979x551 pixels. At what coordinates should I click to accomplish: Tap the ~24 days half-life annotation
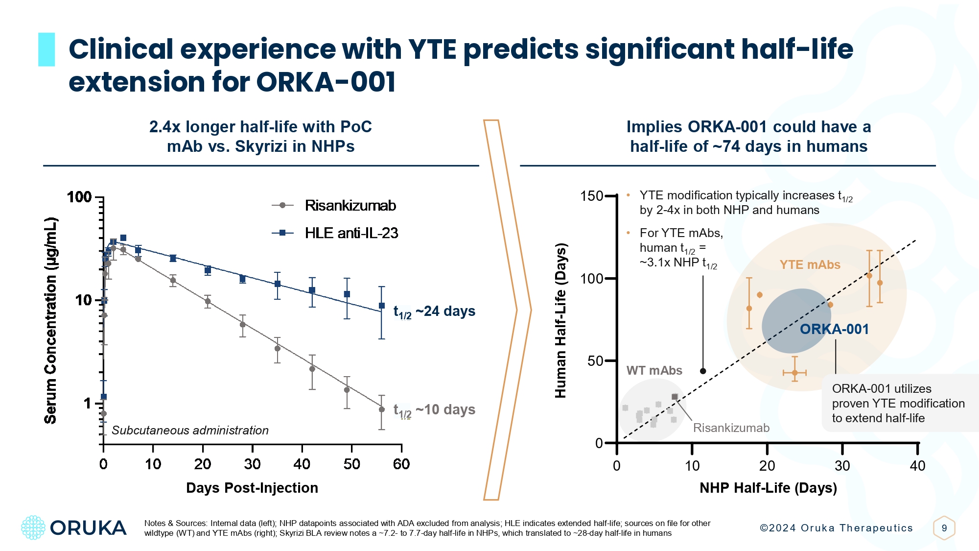(434, 311)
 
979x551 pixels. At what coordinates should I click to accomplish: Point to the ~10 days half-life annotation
(434, 410)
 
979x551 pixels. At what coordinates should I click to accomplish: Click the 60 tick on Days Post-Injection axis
(401, 464)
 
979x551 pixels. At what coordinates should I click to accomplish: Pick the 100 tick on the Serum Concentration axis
(79, 197)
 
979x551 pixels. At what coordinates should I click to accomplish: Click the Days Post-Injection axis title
(252, 488)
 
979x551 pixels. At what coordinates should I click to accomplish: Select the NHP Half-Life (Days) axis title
(768, 488)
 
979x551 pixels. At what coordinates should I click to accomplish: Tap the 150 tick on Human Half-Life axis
(591, 196)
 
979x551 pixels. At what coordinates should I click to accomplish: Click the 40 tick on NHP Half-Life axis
(917, 466)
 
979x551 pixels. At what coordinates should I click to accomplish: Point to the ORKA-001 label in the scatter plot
(834, 329)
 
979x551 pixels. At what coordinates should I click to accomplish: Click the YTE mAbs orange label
(810, 265)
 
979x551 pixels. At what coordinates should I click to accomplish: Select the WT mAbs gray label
(654, 371)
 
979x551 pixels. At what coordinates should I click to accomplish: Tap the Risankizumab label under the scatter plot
(731, 428)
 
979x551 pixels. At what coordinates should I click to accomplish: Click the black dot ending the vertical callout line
(703, 371)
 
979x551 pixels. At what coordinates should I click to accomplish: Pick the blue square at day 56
(382, 306)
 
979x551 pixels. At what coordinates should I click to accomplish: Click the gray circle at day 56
(382, 409)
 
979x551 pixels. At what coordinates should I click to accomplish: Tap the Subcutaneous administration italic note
(190, 431)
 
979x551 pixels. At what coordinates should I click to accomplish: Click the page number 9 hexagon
(944, 528)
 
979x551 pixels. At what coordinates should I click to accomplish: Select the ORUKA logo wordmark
(88, 528)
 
